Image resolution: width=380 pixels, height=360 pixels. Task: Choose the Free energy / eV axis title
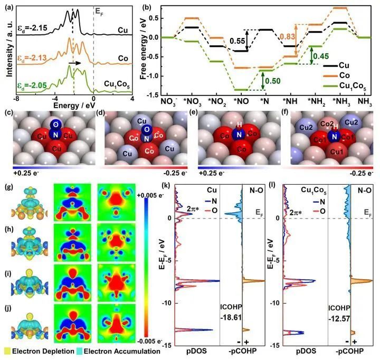click(x=144, y=51)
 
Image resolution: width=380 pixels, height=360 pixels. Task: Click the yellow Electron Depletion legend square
click(x=7, y=350)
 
